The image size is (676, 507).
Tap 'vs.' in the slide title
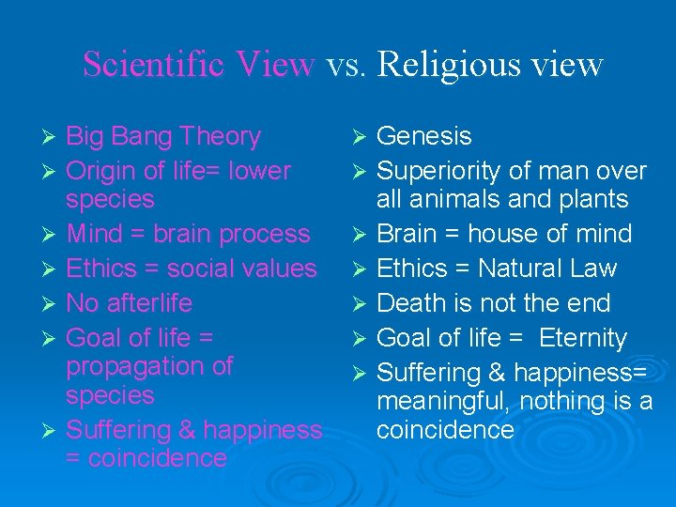tap(346, 64)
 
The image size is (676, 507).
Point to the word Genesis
tap(423, 137)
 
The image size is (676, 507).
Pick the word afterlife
tap(146, 303)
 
